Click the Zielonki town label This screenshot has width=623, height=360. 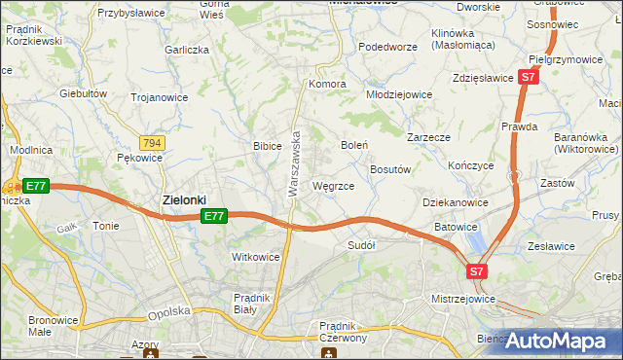pos(183,200)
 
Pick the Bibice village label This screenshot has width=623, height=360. pos(267,146)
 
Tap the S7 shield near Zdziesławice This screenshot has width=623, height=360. pos(527,76)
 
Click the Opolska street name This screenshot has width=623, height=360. pos(166,313)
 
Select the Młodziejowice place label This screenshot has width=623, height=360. pos(399,95)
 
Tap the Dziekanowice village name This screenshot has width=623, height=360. pos(456,202)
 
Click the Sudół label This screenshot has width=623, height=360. pos(361,246)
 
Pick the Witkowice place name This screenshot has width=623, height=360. pos(255,257)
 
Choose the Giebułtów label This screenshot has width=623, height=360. pos(83,94)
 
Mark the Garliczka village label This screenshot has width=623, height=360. pos(188,49)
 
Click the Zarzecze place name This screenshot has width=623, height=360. pos(428,138)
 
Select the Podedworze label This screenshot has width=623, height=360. pos(387,47)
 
